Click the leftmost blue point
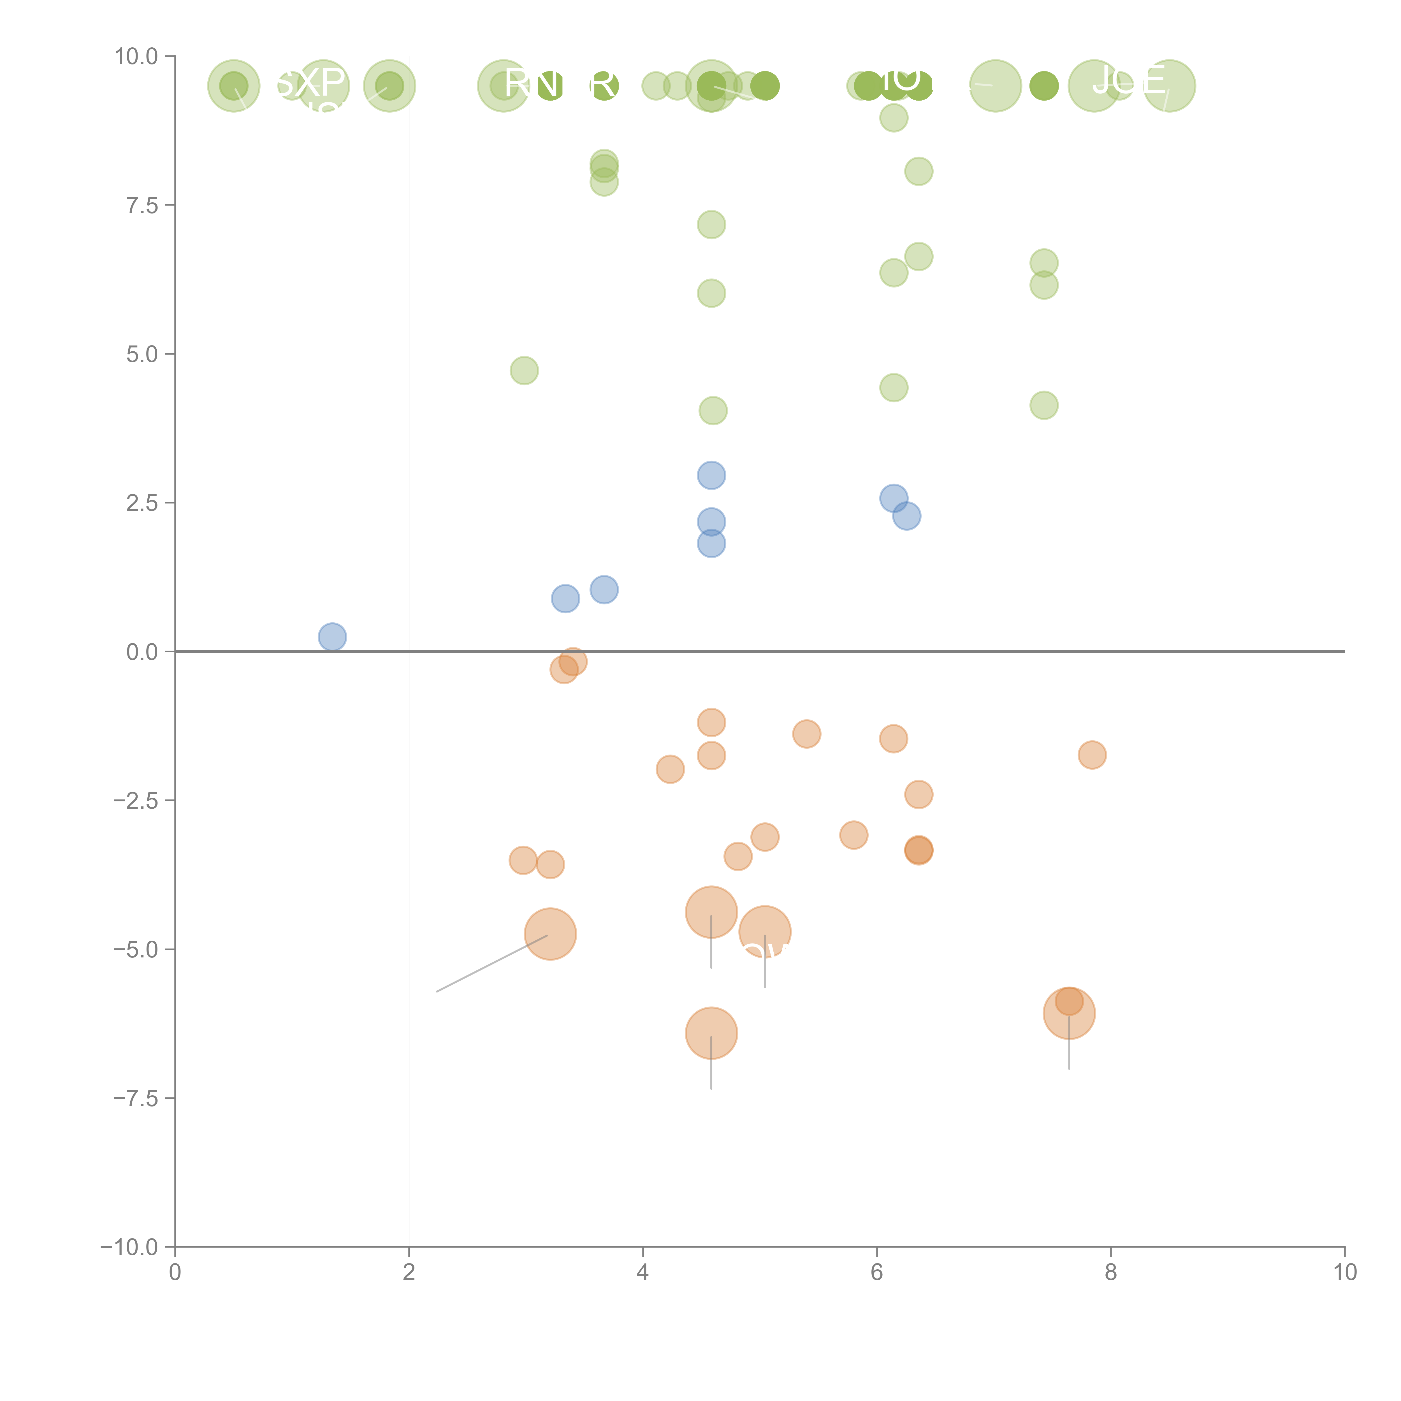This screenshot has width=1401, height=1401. pos(332,637)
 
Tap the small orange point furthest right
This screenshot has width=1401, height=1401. pos(1092,755)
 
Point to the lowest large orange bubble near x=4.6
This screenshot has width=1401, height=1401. pos(711,1033)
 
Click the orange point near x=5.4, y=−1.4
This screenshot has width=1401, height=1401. pos(806,734)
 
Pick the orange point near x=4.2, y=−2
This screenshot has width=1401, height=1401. pos(670,769)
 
